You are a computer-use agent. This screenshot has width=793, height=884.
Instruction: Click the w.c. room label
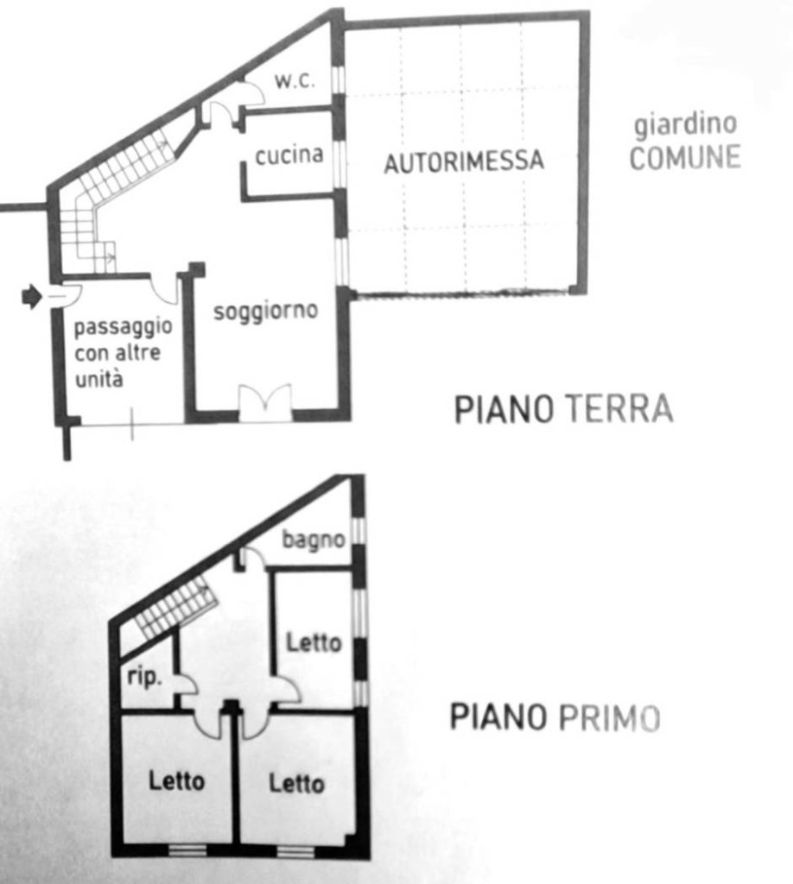[295, 80]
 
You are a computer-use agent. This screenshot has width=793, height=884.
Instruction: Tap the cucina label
[289, 155]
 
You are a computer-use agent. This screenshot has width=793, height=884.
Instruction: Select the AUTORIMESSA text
[464, 161]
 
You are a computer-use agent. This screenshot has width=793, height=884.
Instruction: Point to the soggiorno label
[266, 311]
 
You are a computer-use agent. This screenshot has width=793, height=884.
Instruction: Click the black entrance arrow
[32, 296]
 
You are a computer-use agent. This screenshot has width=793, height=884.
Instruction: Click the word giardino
[685, 124]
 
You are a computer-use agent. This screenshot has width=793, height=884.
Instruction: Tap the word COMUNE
[685, 158]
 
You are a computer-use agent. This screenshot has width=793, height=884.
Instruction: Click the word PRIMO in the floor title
[609, 717]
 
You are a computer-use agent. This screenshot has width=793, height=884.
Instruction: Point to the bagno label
[313, 540]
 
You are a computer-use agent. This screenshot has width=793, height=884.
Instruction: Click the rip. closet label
[144, 676]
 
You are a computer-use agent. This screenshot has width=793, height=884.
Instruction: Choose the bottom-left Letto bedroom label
[176, 781]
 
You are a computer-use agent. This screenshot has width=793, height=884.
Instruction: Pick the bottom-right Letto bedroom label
[296, 784]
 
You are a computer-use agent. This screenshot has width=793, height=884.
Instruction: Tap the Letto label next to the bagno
[314, 642]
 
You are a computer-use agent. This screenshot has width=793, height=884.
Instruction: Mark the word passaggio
[123, 327]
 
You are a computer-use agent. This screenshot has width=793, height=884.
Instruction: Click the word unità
[98, 379]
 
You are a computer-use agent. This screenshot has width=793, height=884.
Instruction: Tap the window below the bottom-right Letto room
[296, 852]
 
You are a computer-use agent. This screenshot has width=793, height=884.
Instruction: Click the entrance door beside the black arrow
[67, 292]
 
